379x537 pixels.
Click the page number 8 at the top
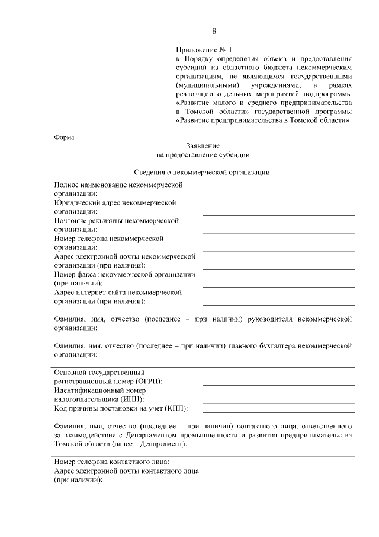pyautogui.click(x=214, y=31)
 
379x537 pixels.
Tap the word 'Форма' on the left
pyautogui.click(x=64, y=138)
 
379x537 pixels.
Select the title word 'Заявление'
pyautogui.click(x=203, y=146)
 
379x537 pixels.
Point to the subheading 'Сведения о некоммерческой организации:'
pyautogui.click(x=203, y=173)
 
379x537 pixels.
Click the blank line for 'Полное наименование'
pyautogui.click(x=279, y=196)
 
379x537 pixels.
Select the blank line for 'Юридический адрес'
pyautogui.click(x=279, y=214)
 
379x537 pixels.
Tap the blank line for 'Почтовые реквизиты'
pyautogui.click(x=279, y=232)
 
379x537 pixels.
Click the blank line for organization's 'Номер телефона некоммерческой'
pyautogui.click(x=279, y=250)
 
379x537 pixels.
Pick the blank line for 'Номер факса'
pyautogui.click(x=279, y=287)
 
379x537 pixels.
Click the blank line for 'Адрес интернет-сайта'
pyautogui.click(x=279, y=304)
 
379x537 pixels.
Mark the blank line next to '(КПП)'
pyautogui.click(x=279, y=411)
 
